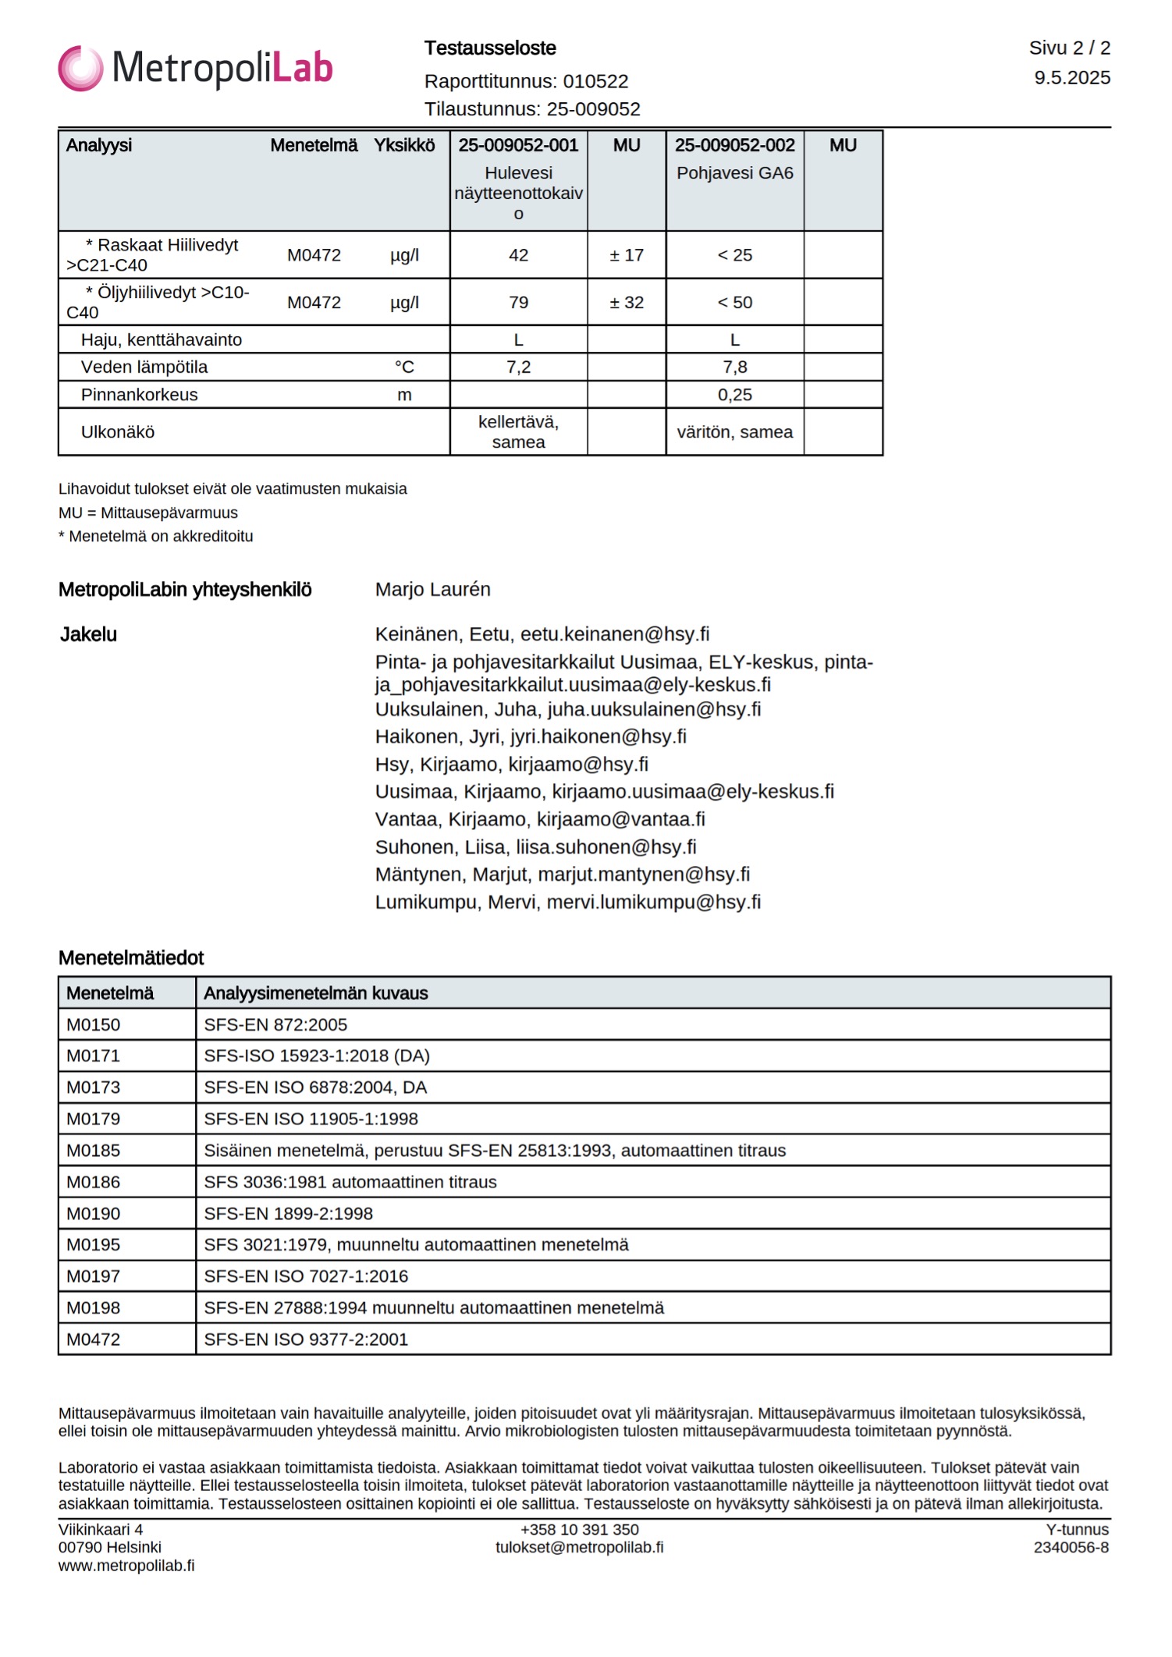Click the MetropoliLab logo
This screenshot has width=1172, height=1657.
195,68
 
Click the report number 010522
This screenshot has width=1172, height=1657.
595,81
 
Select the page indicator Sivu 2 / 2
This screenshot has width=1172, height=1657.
1069,48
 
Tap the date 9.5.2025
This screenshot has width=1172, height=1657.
1072,78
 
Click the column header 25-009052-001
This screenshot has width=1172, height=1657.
518,145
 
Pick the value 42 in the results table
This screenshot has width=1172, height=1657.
518,255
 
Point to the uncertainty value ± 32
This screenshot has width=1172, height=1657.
627,303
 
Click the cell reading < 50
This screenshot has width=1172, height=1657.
734,303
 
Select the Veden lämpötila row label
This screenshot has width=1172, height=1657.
144,367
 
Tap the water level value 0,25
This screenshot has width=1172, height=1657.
734,395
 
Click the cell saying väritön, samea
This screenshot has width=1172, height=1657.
734,432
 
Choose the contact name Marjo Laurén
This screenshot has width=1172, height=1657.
432,590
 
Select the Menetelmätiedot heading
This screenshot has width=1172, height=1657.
131,958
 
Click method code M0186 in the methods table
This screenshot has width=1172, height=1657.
94,1182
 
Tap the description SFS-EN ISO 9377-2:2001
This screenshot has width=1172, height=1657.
306,1339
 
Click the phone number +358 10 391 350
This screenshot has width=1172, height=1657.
579,1530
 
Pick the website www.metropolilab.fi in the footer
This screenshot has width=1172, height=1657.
126,1566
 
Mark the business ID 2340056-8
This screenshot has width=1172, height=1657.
1071,1548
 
